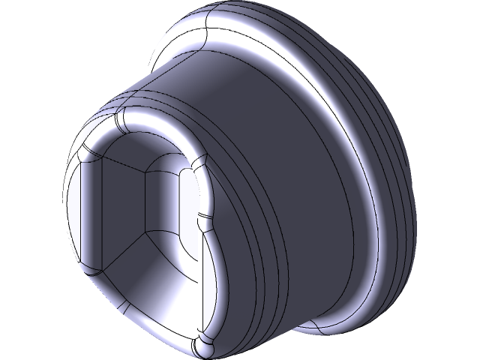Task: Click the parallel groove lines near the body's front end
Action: click(247, 225)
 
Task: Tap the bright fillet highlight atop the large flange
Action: click(217, 34)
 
